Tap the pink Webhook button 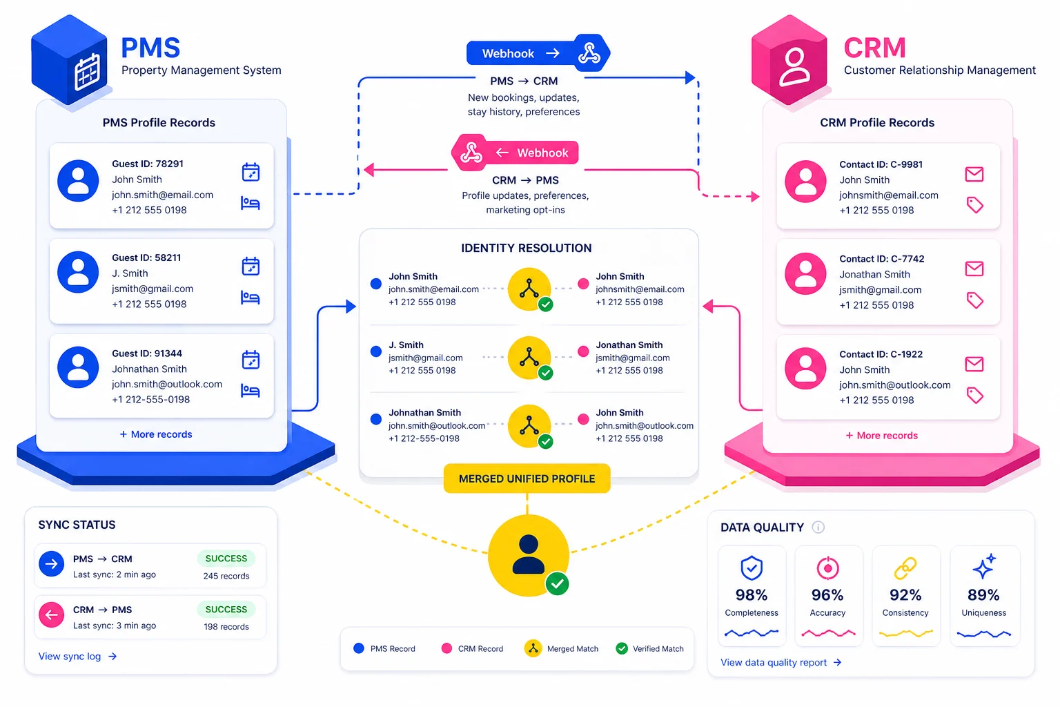531,153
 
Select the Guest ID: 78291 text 148,164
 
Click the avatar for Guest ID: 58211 78,272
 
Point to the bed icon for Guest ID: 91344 251,391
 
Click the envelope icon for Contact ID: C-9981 974,174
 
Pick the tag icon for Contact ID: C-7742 974,300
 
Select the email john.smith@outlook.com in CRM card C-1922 894,385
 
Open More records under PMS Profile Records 156,434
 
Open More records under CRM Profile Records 882,436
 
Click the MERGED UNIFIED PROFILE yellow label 527,478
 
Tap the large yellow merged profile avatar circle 529,555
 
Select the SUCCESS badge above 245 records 226,558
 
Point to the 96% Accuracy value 827,594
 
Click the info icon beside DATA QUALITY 818,527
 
